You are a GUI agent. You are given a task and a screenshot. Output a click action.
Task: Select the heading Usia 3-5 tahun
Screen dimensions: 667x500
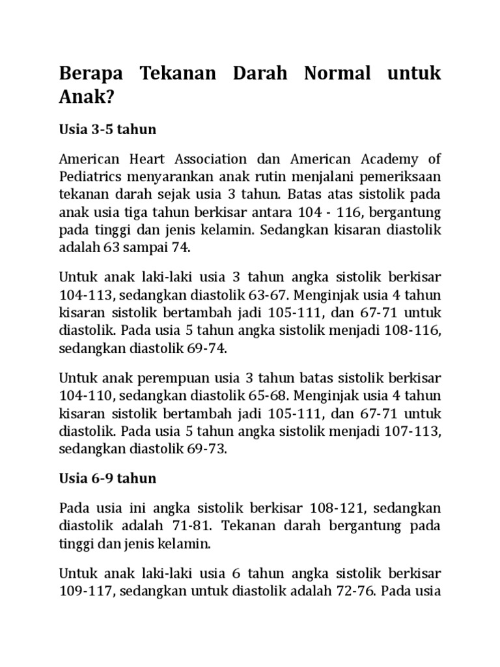point(108,129)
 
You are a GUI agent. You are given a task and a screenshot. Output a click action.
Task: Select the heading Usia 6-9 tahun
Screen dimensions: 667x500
point(108,478)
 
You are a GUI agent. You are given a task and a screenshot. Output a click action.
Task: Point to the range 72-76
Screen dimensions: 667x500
point(354,592)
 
